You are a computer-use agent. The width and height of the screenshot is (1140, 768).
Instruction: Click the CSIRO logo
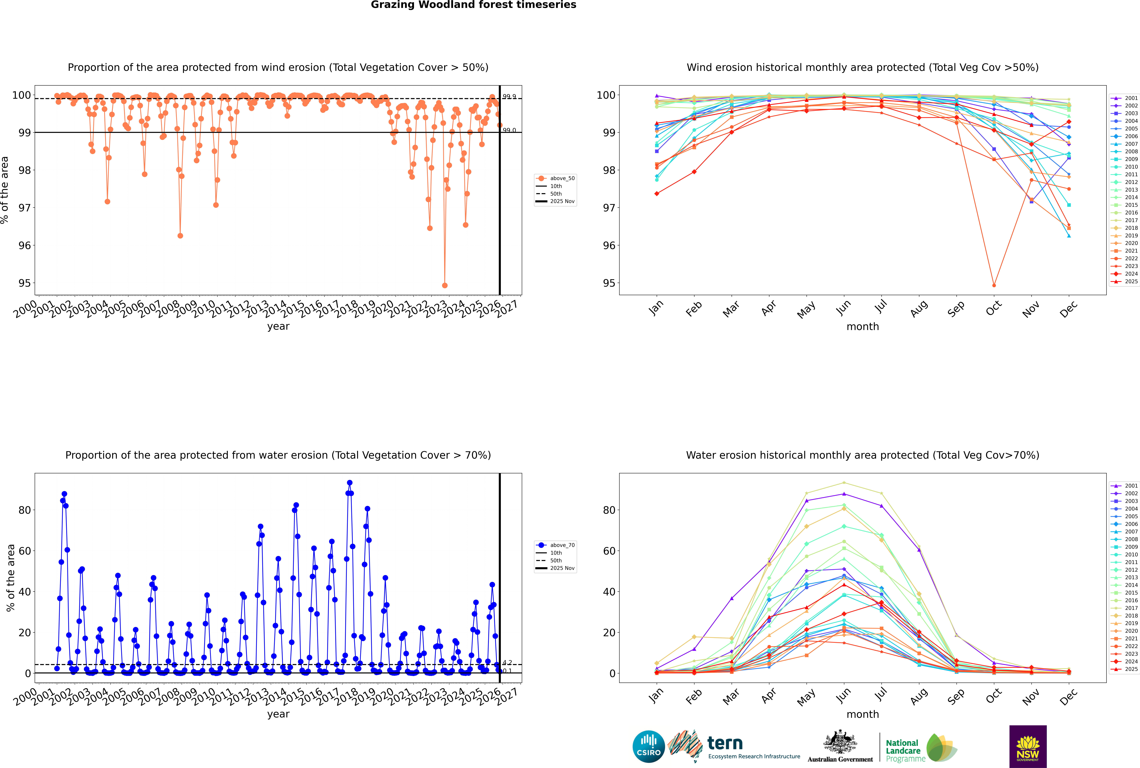648,746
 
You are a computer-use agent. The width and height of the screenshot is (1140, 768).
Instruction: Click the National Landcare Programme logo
920,748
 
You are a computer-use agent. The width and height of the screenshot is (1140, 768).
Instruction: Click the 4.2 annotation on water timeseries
507,663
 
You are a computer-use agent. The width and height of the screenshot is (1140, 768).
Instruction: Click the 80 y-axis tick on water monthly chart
609,510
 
